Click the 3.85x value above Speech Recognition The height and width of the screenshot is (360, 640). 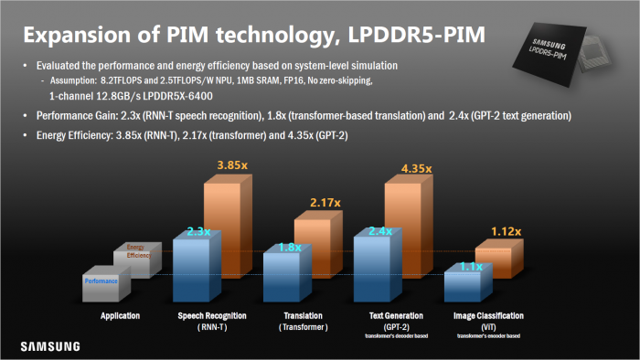pos(232,164)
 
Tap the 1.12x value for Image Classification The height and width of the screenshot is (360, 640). pos(505,232)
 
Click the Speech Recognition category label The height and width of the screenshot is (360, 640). pos(210,315)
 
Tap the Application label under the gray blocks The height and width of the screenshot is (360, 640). pos(121,315)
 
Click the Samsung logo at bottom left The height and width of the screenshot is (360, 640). pos(51,346)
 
